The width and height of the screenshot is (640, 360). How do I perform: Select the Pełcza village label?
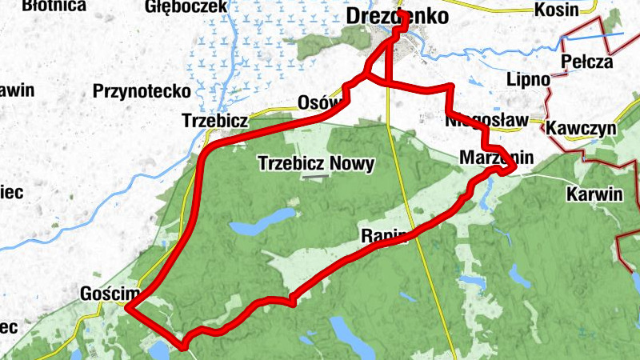pos(586,61)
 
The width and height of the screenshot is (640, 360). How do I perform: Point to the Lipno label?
pos(529,80)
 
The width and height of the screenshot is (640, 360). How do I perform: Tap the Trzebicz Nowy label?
pos(316,164)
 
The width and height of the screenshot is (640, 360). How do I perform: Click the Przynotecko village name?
pos(141,90)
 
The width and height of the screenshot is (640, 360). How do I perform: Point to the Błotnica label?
pos(54,6)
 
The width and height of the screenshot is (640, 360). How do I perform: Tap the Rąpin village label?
pos(385,235)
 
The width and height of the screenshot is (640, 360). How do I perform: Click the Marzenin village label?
pos(496,158)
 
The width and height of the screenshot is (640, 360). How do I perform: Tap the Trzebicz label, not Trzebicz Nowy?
pos(214,121)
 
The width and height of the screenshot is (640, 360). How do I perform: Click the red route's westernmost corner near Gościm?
pos(128,306)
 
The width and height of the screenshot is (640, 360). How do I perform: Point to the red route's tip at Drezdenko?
pos(402,18)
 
